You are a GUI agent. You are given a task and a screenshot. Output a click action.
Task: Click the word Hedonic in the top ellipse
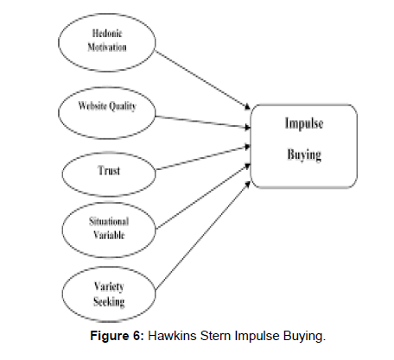pyautogui.click(x=107, y=33)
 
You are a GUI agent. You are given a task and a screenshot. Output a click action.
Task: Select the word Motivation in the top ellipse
pyautogui.click(x=107, y=47)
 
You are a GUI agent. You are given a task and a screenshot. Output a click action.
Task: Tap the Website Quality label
pyautogui.click(x=107, y=106)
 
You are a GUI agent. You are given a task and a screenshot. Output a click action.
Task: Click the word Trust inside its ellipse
pyautogui.click(x=109, y=170)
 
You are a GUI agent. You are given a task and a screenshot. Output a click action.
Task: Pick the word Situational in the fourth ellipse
pyautogui.click(x=109, y=221)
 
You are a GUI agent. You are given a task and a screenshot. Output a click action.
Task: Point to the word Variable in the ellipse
pyautogui.click(x=109, y=235)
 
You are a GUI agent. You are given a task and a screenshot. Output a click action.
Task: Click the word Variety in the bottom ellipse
pyautogui.click(x=109, y=287)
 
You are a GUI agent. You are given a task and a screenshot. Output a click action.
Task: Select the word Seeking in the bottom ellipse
pyautogui.click(x=109, y=301)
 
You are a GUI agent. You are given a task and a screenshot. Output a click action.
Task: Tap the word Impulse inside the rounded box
pyautogui.click(x=304, y=123)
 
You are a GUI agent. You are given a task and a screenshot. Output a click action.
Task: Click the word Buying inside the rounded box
pyautogui.click(x=304, y=155)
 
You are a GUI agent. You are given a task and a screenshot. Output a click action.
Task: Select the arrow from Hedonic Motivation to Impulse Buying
pyautogui.click(x=203, y=80)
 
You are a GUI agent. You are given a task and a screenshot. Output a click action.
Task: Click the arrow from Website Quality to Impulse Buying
pyautogui.click(x=203, y=122)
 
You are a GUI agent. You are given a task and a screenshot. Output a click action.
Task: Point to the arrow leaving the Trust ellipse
pyautogui.click(x=203, y=158)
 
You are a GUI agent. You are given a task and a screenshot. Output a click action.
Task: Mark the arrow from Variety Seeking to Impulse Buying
pyautogui.click(x=203, y=236)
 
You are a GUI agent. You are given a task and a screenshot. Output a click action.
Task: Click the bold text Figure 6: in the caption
pyautogui.click(x=117, y=336)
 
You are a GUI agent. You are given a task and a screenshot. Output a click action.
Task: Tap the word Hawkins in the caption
pyautogui.click(x=172, y=336)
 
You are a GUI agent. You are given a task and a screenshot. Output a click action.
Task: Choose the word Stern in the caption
pyautogui.click(x=215, y=336)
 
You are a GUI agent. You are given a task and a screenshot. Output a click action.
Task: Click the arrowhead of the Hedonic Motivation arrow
pyautogui.click(x=248, y=108)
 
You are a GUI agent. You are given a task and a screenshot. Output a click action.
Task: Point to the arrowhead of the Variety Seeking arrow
pyautogui.click(x=248, y=184)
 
